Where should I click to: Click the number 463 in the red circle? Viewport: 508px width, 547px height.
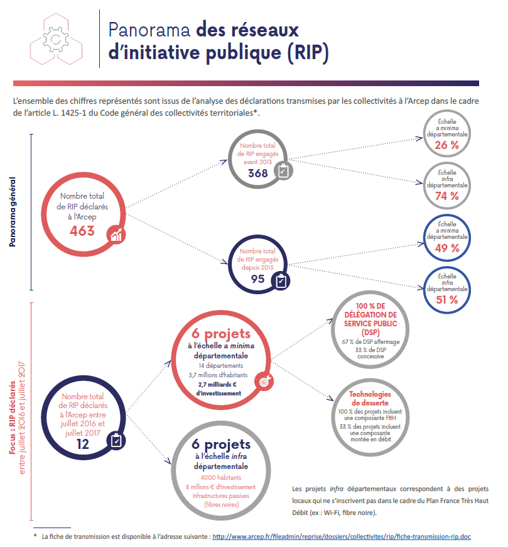(x=82, y=231)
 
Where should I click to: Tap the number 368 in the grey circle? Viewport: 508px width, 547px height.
(x=257, y=173)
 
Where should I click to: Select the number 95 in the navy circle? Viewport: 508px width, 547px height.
(x=257, y=279)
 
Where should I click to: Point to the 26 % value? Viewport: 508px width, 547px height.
(x=446, y=145)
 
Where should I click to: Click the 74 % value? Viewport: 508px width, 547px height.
(x=446, y=196)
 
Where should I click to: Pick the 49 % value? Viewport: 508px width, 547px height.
(x=446, y=248)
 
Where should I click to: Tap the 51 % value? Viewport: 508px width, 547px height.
(x=446, y=299)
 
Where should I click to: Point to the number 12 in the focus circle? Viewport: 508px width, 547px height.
(x=82, y=445)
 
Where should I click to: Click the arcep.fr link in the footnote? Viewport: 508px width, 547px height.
(x=342, y=537)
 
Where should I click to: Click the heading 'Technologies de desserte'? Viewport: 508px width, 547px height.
(x=369, y=398)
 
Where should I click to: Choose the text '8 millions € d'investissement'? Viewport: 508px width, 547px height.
(x=220, y=487)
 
